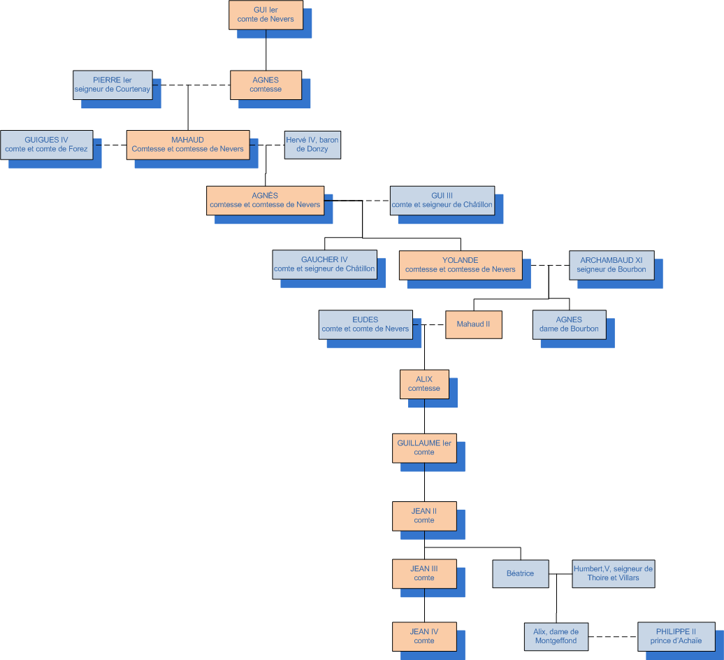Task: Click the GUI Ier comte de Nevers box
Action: [x=266, y=15]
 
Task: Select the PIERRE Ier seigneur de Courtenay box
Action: [x=113, y=85]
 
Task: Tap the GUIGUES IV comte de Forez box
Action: [x=46, y=145]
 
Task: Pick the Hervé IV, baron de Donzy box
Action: [x=312, y=145]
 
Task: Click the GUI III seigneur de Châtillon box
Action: [x=442, y=201]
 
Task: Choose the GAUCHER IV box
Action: [x=324, y=264]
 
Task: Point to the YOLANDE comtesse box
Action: [x=461, y=264]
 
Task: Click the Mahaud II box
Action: [x=473, y=324]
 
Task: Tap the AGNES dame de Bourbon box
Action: [x=569, y=324]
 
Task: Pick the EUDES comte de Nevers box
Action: [x=365, y=324]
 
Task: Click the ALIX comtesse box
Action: [x=424, y=384]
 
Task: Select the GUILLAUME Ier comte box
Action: [x=424, y=447]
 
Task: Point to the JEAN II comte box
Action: [x=424, y=516]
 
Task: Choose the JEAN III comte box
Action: [x=424, y=573]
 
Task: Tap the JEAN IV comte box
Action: [x=424, y=636]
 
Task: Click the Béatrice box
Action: [x=520, y=573]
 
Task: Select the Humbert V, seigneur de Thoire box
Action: [x=613, y=573]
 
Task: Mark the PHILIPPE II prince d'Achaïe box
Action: [x=676, y=636]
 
